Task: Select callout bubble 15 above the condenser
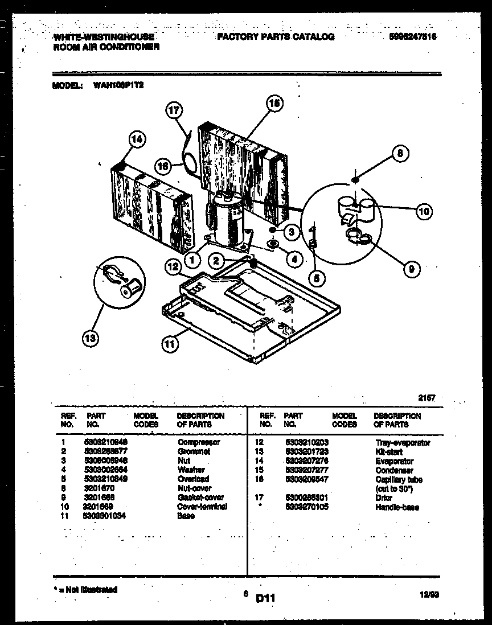tap(274, 104)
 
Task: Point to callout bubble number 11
tap(170, 343)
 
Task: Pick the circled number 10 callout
tap(423, 212)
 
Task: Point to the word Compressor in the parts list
tap(199, 442)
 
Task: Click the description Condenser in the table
tap(394, 470)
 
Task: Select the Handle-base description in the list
tap(397, 507)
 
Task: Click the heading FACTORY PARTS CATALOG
tap(276, 37)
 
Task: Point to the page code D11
tap(266, 598)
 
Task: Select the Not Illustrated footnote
tap(85, 590)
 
